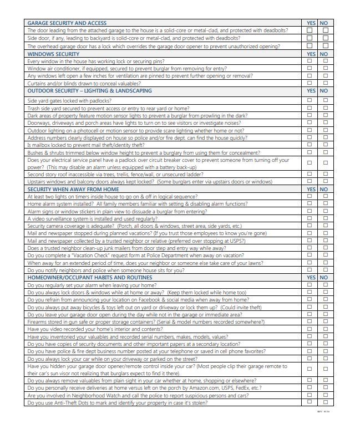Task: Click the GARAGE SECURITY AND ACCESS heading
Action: click(x=67, y=23)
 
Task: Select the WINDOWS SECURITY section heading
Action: click(x=53, y=54)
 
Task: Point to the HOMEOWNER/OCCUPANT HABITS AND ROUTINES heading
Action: click(x=90, y=277)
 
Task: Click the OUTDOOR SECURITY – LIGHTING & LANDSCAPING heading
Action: click(x=89, y=90)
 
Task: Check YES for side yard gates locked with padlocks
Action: click(x=310, y=101)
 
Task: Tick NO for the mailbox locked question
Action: click(x=325, y=145)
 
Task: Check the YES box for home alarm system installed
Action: click(x=310, y=204)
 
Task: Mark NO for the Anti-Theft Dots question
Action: click(x=325, y=402)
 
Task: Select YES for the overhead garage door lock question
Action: click(x=310, y=46)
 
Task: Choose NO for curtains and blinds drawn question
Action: click(x=325, y=83)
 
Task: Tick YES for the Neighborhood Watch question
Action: click(x=310, y=395)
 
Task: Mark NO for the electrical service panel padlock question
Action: click(x=325, y=163)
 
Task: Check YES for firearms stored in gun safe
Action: click(x=310, y=321)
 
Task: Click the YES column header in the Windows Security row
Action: click(x=311, y=54)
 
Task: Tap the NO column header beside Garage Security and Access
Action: click(x=324, y=23)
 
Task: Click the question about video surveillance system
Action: click(x=85, y=219)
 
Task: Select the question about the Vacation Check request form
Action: click(x=135, y=256)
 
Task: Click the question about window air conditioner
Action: click(x=126, y=68)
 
